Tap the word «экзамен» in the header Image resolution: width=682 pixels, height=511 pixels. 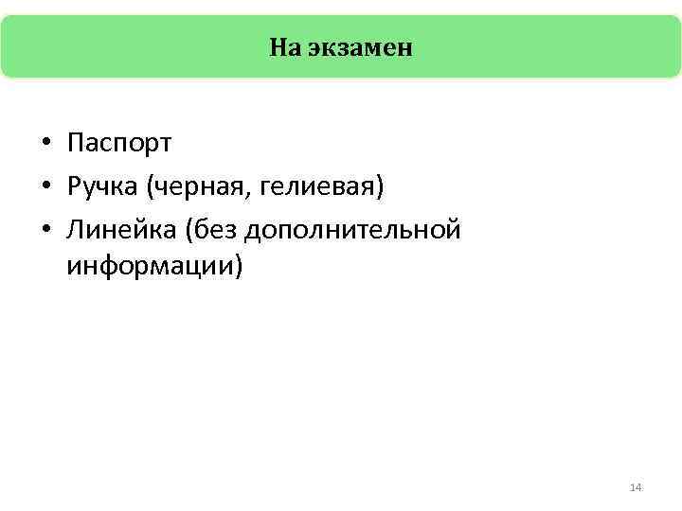click(359, 47)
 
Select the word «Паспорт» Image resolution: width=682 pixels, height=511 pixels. click(119, 144)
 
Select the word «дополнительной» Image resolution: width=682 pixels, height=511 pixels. click(354, 229)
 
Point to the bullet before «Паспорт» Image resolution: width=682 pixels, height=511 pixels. click(45, 145)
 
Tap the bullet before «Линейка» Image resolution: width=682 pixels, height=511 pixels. click(45, 230)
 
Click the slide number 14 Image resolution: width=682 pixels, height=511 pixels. click(636, 487)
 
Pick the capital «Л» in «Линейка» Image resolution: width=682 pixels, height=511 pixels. click(76, 229)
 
